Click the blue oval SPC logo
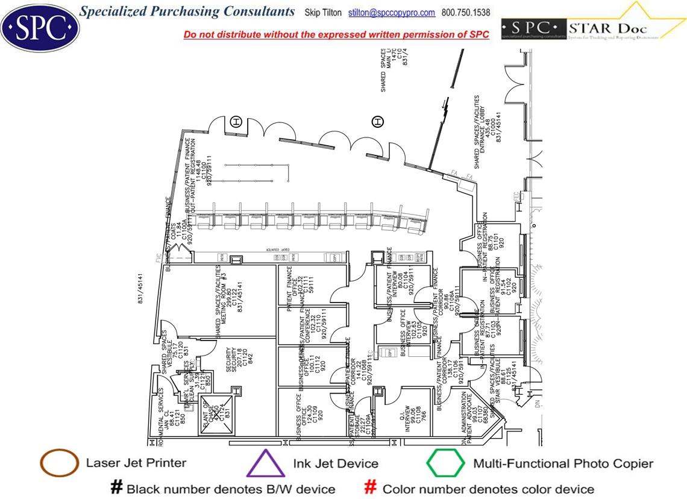click(x=40, y=26)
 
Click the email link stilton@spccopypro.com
click(x=392, y=13)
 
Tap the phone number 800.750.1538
click(x=466, y=13)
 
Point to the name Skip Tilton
click(x=324, y=13)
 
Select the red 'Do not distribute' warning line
click(x=336, y=34)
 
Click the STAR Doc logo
click(x=593, y=28)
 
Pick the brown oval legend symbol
click(x=59, y=463)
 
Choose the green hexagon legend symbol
click(x=445, y=463)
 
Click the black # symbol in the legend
click(x=116, y=488)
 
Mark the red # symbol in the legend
click(x=372, y=488)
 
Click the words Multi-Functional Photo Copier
click(x=563, y=463)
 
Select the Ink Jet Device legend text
click(x=336, y=463)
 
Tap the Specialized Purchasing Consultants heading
click(x=187, y=11)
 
